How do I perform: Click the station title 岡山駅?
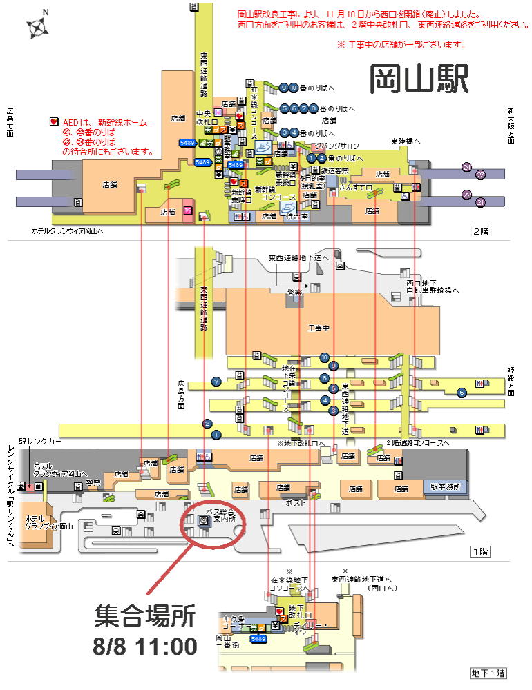point(419,79)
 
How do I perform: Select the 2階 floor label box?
point(480,232)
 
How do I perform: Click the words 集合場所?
point(145,616)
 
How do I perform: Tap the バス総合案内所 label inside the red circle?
point(220,518)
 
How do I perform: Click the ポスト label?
point(296,504)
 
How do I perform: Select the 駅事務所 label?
point(450,486)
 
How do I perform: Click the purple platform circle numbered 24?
point(467,167)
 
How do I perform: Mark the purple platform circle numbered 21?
point(481,202)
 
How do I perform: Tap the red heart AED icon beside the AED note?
point(55,122)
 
